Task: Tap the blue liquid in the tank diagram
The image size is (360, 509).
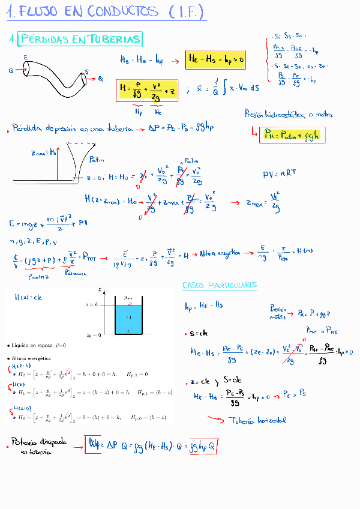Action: click(128, 318)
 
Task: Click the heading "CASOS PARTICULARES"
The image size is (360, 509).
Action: click(220, 285)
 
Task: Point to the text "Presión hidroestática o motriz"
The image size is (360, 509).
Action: click(289, 114)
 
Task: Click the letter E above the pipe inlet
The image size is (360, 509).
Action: click(26, 57)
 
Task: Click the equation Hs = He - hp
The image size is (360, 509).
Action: click(142, 59)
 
